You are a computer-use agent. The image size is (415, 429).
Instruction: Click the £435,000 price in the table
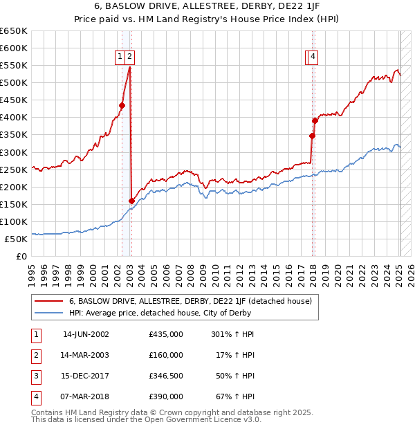point(166,334)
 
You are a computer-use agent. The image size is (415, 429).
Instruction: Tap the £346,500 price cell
point(166,376)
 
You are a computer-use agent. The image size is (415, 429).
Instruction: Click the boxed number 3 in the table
point(35,376)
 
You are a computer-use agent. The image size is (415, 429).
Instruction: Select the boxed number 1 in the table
point(35,334)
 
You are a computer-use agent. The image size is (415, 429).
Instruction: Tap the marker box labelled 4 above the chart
point(313,57)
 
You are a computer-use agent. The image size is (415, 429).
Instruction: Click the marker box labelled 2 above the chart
point(130,57)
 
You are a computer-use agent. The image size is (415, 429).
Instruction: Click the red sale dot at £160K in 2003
point(131,201)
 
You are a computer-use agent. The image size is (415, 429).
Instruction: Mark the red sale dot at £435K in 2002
point(122,105)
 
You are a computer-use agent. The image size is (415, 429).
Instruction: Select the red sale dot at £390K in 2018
point(315,120)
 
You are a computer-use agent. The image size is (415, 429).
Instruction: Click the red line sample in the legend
point(49,301)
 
